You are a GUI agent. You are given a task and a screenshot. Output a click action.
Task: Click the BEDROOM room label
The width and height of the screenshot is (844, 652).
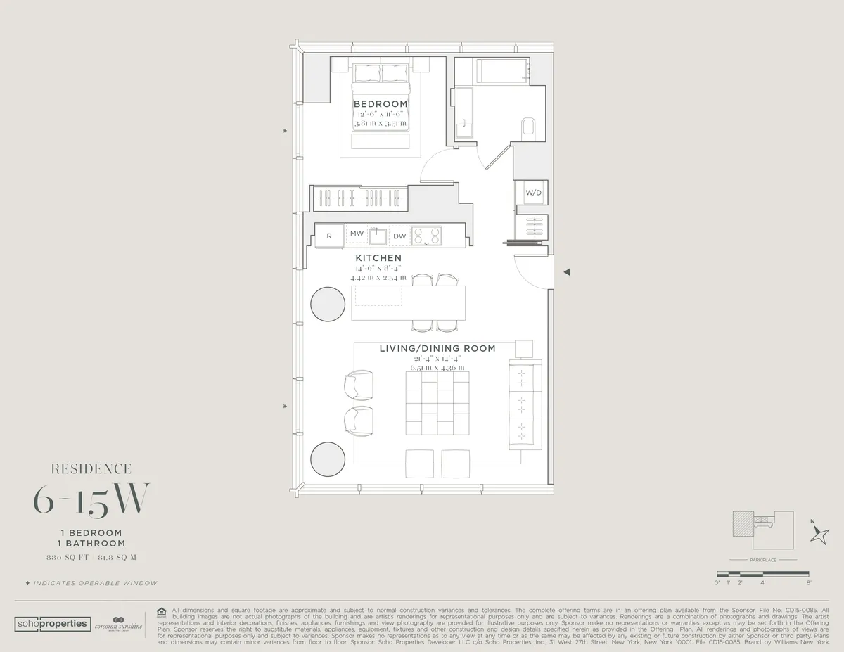tap(381, 104)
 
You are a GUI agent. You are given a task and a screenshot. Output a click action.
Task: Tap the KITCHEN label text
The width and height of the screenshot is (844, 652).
tap(378, 258)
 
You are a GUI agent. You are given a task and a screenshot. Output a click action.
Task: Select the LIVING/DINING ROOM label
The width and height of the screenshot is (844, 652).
tap(437, 348)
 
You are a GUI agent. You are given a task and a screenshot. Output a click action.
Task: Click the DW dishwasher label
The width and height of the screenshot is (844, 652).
tap(399, 236)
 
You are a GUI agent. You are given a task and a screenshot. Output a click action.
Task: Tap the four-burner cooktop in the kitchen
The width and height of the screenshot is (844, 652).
tap(426, 236)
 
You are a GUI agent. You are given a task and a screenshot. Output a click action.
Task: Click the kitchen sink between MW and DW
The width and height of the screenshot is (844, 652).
tap(377, 235)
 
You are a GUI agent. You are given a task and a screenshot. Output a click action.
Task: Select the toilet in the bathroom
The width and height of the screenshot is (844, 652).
tap(529, 129)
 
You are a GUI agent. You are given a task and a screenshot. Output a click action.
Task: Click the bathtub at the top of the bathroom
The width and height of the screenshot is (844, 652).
tap(502, 72)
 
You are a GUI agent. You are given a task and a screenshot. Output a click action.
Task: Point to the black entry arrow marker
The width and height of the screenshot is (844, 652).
tap(567, 272)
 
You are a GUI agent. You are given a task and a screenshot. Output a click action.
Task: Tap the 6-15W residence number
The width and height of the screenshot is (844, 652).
tap(91, 499)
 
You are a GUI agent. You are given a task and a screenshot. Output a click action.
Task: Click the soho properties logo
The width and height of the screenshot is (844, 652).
tap(52, 624)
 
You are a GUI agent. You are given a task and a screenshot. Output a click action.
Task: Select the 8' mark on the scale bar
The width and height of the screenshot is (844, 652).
tap(809, 583)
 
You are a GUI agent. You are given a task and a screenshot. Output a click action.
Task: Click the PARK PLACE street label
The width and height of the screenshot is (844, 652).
tap(762, 561)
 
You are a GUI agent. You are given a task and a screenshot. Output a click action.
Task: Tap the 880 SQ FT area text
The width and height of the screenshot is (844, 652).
tap(61, 557)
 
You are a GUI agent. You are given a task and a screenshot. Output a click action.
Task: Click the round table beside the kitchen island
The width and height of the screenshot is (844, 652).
tap(328, 304)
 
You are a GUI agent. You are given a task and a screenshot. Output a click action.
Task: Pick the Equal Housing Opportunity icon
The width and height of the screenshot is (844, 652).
tap(161, 611)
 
